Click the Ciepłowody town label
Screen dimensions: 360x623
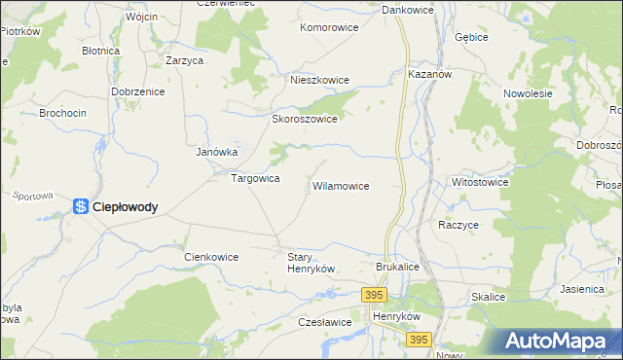coord(125,206)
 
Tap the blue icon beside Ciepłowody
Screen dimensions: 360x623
coord(81,205)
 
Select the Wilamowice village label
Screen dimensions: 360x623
coord(340,185)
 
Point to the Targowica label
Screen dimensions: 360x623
coord(255,179)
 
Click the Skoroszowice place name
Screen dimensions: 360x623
coord(304,119)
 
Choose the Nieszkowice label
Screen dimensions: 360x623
coord(317,81)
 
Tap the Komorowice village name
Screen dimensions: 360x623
coord(330,28)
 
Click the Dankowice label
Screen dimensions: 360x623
coord(407,10)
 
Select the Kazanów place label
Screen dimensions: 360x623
coord(430,74)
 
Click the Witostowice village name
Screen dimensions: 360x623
coord(480,181)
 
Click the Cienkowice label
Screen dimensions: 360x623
coord(211,257)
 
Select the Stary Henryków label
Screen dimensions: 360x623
coord(311,263)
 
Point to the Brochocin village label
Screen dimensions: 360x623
coord(62,113)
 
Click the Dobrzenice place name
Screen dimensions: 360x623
coord(138,91)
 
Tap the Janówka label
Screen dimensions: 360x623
coord(217,152)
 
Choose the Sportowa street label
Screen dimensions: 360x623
coord(32,196)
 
